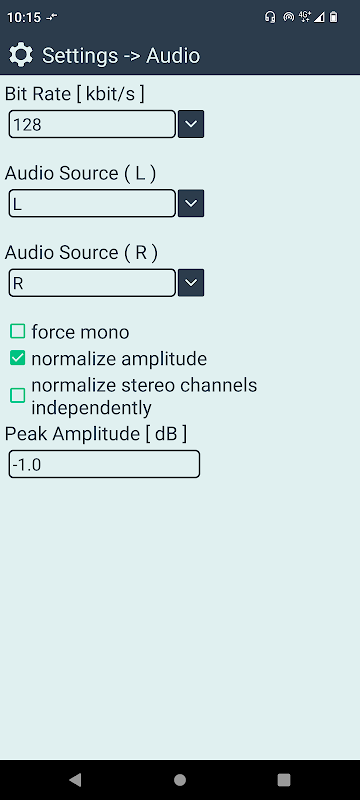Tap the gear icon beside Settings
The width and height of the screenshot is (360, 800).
click(21, 55)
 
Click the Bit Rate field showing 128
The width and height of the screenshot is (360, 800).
click(92, 124)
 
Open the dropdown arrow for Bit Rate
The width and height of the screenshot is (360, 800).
click(191, 124)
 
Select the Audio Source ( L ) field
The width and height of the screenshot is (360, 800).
click(92, 204)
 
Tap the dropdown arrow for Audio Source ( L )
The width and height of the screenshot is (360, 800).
click(191, 204)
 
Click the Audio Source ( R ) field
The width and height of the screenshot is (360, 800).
click(92, 283)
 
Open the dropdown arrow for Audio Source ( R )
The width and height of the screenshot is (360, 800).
click(191, 283)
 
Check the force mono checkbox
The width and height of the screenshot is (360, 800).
click(18, 332)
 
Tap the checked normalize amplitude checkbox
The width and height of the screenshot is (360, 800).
click(18, 359)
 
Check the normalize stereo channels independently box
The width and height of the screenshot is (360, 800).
click(18, 395)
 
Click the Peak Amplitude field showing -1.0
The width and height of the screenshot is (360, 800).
click(104, 464)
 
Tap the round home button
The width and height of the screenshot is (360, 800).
click(179, 780)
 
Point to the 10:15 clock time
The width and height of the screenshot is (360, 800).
click(23, 18)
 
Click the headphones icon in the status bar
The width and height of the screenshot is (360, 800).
click(270, 17)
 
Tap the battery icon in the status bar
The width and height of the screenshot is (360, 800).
click(333, 17)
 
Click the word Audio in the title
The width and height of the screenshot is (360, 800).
click(173, 56)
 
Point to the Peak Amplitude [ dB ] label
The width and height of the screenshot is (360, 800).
click(96, 434)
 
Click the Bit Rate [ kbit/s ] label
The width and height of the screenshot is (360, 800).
click(74, 94)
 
